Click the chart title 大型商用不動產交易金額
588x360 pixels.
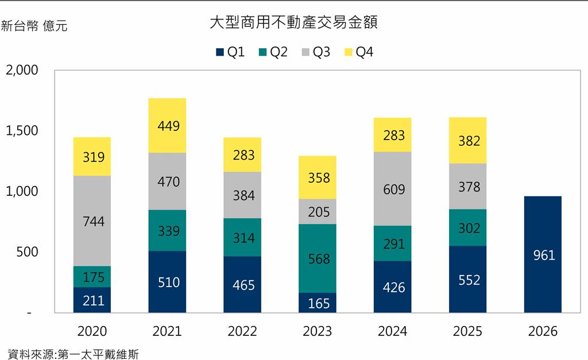[293, 24]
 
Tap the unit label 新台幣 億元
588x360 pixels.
[34, 26]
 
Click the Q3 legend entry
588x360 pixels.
[316, 52]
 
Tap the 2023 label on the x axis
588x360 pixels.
[318, 331]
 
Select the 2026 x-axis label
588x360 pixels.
[543, 331]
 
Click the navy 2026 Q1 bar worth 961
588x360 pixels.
[543, 254]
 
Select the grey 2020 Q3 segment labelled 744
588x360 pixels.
[93, 221]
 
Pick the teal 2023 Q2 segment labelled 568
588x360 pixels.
[318, 258]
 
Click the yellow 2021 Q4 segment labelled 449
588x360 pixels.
[167, 126]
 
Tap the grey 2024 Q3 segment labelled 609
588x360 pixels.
[393, 189]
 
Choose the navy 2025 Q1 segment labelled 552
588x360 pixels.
[468, 279]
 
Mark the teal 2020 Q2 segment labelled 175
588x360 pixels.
[93, 277]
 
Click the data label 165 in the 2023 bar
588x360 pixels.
[318, 303]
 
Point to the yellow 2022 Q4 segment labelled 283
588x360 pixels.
[242, 154]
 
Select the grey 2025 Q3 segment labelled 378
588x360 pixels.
[468, 187]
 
